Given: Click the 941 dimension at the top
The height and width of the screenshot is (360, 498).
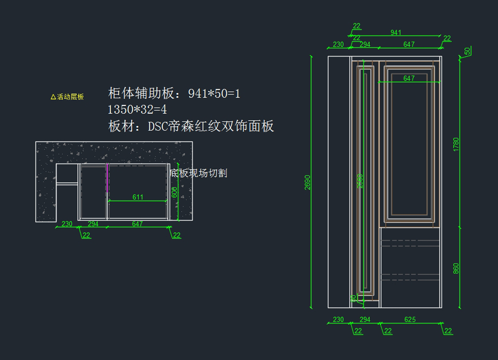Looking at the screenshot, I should point(396,33).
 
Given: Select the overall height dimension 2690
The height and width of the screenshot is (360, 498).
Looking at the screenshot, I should point(308,182).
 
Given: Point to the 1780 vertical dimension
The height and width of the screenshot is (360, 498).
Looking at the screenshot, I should point(456,144).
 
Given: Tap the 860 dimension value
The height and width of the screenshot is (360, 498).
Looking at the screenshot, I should point(456,268).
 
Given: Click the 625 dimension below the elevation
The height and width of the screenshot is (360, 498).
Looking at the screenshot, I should point(410,320).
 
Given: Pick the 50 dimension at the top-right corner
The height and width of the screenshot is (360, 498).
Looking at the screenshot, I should point(467,51).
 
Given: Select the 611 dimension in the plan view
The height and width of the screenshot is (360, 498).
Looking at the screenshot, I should point(138,197).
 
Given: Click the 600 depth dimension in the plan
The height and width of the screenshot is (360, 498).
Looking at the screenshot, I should point(175,192).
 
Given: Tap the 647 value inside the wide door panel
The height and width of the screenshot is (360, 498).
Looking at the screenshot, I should point(409,78).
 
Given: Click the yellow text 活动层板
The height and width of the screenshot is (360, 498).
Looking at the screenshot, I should point(71,97).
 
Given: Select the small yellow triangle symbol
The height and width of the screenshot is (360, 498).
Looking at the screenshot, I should point(53,97).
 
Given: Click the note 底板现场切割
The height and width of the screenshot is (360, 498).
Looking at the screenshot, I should point(199,173).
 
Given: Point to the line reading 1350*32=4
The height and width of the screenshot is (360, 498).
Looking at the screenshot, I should point(137,110).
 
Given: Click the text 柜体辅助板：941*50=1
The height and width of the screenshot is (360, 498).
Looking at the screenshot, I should point(174,93).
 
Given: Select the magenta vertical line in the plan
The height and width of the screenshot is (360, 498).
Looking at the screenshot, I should point(107,177).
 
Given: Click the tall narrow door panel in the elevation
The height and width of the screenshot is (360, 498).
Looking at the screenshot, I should point(365,179).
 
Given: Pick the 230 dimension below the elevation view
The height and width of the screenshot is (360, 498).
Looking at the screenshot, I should point(338,320).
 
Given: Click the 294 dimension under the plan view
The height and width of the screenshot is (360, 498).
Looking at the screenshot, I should point(93,224).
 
